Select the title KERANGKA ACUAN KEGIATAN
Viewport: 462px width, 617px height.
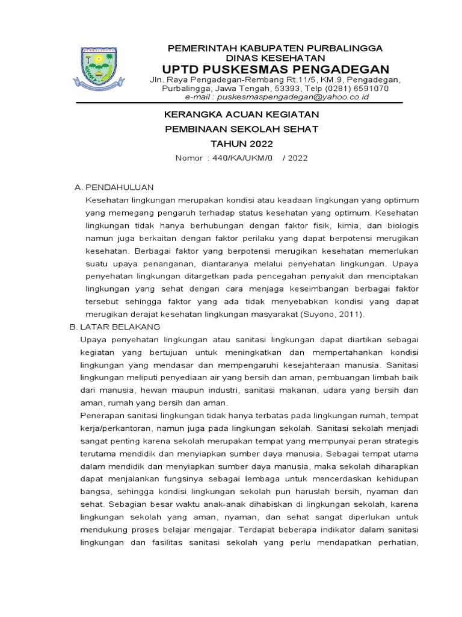pyautogui.click(x=224, y=114)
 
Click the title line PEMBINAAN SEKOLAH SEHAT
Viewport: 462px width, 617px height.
pyautogui.click(x=224, y=129)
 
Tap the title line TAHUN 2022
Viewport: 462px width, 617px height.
pyautogui.click(x=224, y=143)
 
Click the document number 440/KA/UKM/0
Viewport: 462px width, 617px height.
pyautogui.click(x=239, y=158)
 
